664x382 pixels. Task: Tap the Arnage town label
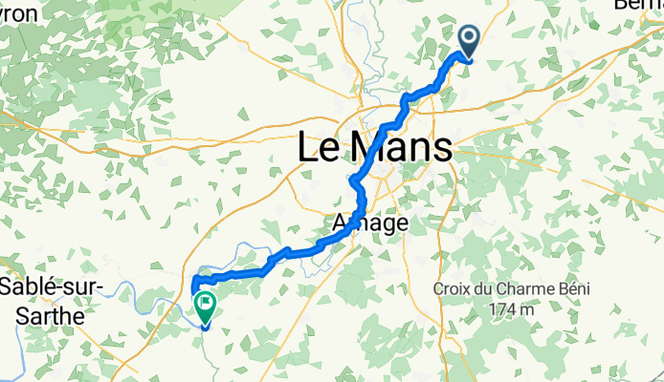tap(369, 223)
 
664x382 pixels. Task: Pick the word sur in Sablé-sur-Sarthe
tap(84, 287)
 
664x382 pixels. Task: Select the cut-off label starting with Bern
tap(638, 5)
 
